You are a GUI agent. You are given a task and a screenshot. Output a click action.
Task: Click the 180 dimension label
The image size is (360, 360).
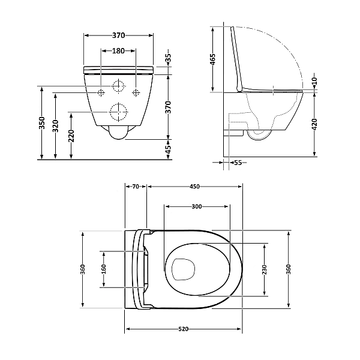(119, 52)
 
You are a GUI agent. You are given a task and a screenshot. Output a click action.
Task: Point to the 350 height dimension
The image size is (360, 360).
(41, 123)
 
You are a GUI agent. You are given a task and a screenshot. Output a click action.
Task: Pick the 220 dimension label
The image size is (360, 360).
(72, 136)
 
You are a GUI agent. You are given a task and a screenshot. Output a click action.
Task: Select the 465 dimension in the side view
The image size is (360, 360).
(213, 59)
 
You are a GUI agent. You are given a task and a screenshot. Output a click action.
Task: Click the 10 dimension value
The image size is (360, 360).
(314, 81)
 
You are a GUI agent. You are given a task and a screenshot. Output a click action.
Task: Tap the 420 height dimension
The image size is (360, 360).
(314, 125)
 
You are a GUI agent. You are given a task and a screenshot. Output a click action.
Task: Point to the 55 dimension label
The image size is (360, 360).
(237, 162)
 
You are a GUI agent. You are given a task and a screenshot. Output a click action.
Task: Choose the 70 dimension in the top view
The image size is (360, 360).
(136, 187)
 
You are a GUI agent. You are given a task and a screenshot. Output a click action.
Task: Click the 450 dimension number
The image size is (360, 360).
(195, 187)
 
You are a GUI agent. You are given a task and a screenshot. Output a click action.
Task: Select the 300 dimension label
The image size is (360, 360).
(196, 206)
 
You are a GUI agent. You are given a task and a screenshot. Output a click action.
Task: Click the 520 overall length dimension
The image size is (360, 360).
(184, 329)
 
